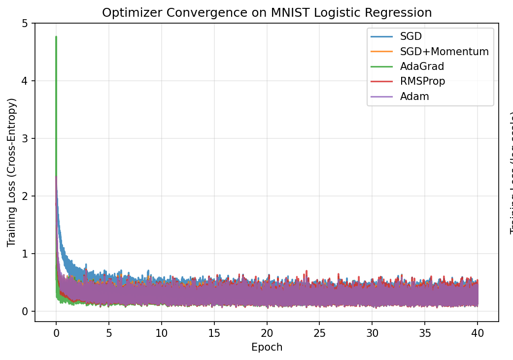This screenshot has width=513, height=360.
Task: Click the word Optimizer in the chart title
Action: tap(125, 13)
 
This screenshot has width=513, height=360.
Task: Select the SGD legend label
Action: tap(410, 36)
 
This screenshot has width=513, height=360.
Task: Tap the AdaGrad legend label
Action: tap(422, 66)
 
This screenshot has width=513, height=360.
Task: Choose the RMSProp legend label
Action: tap(422, 81)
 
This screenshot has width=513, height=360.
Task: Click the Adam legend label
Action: tap(414, 97)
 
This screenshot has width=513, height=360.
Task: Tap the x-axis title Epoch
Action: tap(267, 347)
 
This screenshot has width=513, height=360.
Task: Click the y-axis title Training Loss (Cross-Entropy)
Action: tap(12, 172)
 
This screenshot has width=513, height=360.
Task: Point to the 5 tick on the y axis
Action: tap(25, 23)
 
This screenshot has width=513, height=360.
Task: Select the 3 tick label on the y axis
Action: tap(25, 138)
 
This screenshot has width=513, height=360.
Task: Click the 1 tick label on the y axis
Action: tap(25, 254)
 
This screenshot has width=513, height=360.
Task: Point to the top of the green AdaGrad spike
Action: tap(56, 37)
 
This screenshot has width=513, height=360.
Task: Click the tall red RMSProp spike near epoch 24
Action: tap(307, 271)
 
